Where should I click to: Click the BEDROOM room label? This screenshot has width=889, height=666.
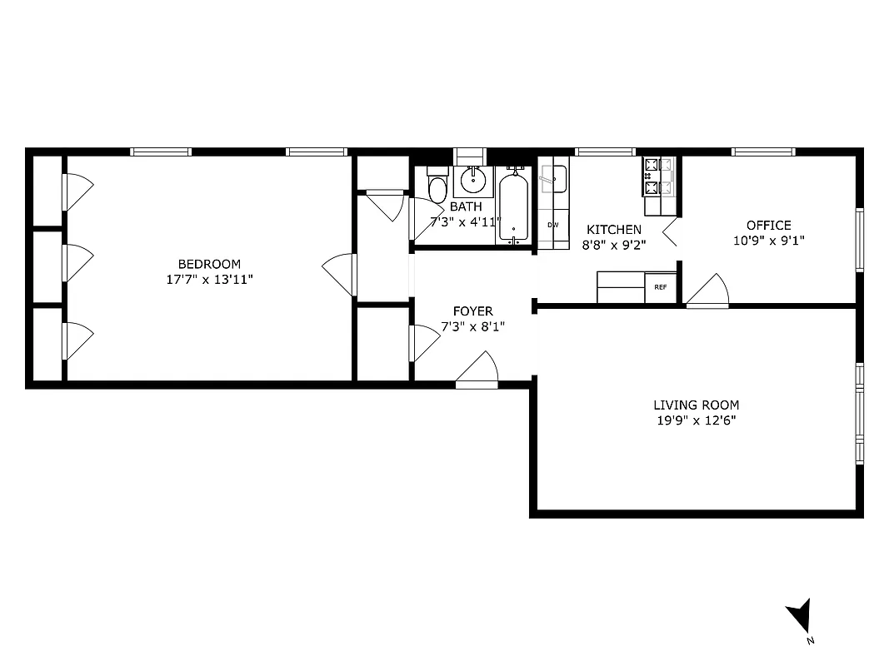209,265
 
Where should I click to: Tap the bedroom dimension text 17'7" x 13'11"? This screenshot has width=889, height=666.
209,280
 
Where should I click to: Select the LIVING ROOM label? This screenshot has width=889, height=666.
696,405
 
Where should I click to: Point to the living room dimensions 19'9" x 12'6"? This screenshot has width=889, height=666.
696,420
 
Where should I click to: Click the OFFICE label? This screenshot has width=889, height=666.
768,225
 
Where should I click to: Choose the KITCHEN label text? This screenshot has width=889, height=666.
614,230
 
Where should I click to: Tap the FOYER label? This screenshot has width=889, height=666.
472,311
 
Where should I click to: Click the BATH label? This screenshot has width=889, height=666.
465,206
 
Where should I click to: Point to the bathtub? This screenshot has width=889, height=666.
514,206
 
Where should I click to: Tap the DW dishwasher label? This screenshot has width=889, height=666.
552,225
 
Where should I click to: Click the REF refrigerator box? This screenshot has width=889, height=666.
661,287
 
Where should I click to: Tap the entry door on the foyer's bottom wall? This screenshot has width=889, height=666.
477,370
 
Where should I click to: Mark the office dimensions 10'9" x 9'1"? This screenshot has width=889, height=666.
768,240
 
